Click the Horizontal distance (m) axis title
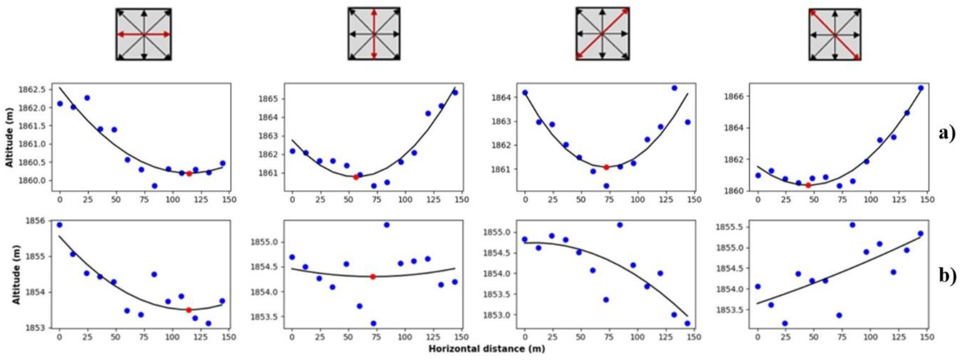(486, 349)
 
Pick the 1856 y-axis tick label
(37, 221)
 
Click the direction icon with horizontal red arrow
(143, 34)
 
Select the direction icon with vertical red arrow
(374, 34)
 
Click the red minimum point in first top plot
(189, 173)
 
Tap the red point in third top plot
(606, 167)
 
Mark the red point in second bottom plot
(373, 277)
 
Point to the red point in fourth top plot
(808, 185)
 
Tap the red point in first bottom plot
(189, 310)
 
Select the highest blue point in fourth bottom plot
(853, 225)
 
